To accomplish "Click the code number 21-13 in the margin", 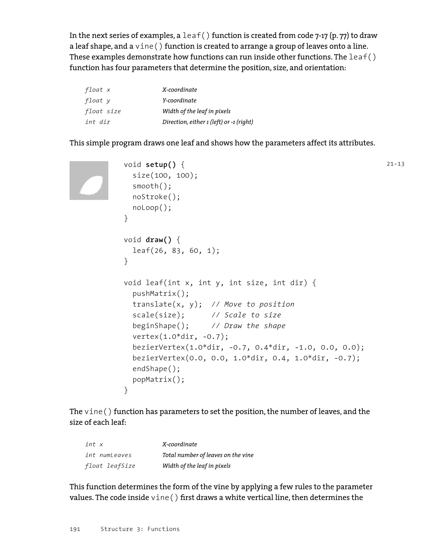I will (395, 164).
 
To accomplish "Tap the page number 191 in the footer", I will (75, 529).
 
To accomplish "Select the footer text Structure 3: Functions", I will (140, 529).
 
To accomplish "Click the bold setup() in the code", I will (160, 165).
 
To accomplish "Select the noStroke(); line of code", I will (156, 197).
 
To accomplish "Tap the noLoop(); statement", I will (152, 208).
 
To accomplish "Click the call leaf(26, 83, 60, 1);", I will (176, 250).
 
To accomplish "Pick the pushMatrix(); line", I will (160, 294).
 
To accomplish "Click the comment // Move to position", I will (253, 304).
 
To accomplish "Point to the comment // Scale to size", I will (246, 315).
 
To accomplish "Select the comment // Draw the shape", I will (248, 326).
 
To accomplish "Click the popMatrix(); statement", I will (158, 380).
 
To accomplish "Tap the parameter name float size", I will (103, 111).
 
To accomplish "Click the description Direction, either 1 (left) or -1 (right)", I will (208, 122).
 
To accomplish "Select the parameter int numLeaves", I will (108, 455).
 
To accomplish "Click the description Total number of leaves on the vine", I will (208, 455).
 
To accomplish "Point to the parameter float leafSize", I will (110, 466).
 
